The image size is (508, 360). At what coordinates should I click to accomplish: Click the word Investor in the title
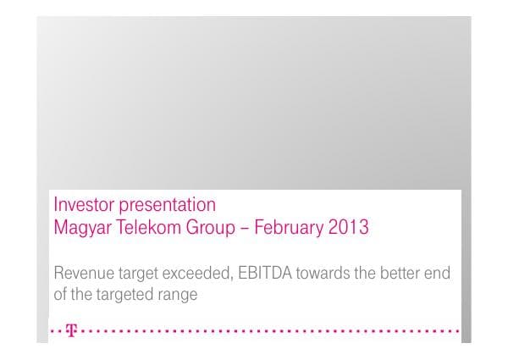pos(79,206)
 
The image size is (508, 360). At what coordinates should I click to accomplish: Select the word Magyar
pos(80,228)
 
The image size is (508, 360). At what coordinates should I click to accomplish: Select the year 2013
pos(348,228)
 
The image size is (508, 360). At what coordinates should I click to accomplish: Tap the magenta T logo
pos(70,331)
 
